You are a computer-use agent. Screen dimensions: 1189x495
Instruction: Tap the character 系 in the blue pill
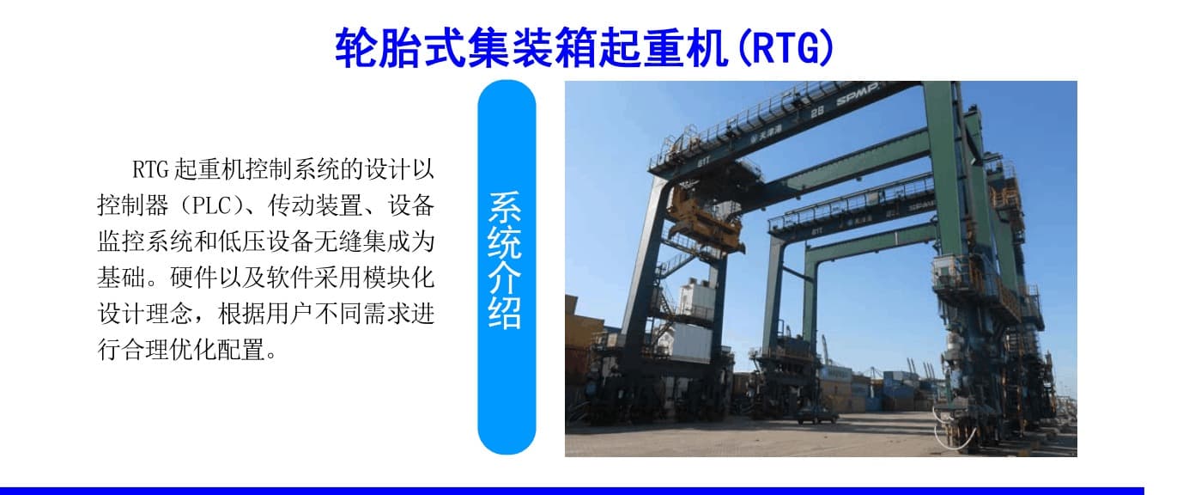pyautogui.click(x=505, y=207)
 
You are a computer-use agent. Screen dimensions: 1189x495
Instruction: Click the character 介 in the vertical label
pyautogui.click(x=505, y=278)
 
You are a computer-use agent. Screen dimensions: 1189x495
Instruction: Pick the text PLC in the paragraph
pyautogui.click(x=211, y=205)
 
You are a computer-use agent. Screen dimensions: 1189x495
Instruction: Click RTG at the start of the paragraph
pyautogui.click(x=150, y=169)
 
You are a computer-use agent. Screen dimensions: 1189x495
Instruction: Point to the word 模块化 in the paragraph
pyautogui.click(x=398, y=278)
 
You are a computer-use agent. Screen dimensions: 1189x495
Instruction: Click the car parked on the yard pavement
pyautogui.click(x=816, y=415)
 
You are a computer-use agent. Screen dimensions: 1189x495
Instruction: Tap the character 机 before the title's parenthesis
pyautogui.click(x=706, y=48)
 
